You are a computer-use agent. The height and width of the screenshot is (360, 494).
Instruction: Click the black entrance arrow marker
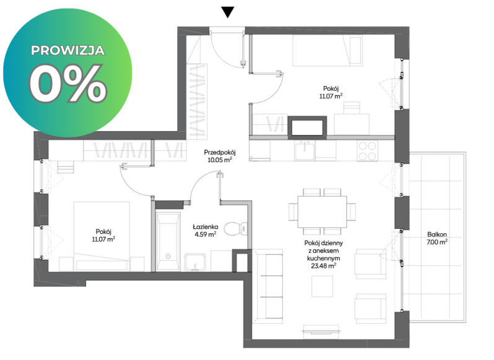point(227,12)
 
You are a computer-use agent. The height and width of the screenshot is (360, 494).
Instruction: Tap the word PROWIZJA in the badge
point(67,50)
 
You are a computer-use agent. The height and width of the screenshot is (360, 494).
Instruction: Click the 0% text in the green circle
point(68,84)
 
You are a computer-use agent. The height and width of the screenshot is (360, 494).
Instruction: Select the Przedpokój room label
point(220,153)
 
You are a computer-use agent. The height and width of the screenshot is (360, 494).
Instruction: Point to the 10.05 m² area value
point(220,160)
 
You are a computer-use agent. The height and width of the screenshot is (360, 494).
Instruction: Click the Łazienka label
point(206,226)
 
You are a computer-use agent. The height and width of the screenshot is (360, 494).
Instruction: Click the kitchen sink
point(305,150)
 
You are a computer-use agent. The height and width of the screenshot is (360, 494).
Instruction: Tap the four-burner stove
point(368,151)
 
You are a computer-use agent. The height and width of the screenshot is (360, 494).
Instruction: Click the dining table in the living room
point(322,212)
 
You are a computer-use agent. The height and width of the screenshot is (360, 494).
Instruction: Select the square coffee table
point(322,286)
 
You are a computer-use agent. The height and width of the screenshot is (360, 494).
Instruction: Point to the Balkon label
point(437,234)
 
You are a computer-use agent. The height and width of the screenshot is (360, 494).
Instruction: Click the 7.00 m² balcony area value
point(437,242)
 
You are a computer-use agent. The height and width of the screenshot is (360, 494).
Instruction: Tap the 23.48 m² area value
point(323,266)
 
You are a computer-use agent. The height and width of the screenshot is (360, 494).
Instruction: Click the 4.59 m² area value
point(206,234)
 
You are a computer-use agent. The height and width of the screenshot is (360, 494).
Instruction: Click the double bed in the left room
point(102,236)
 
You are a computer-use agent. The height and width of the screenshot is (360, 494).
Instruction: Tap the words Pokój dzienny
point(324,243)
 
